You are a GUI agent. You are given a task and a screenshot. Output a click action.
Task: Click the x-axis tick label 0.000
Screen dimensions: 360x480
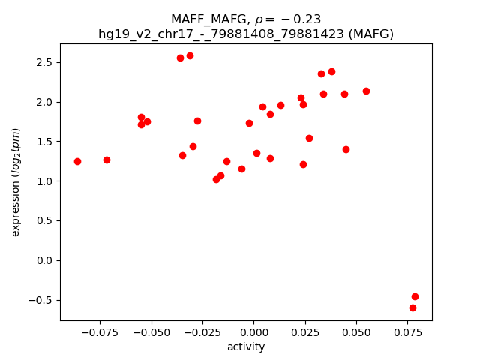[253, 331]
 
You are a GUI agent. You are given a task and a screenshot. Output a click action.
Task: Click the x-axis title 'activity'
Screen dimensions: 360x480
[246, 346]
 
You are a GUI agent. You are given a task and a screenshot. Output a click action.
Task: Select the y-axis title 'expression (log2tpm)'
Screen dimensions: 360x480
[16, 182]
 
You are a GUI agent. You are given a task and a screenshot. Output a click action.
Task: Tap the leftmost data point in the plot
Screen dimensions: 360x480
[77, 161]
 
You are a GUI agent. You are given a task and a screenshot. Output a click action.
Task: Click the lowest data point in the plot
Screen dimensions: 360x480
[412, 307]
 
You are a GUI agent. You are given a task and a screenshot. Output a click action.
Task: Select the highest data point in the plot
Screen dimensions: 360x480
[190, 55]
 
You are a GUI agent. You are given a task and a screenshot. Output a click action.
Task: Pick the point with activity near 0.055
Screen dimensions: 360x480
[366, 91]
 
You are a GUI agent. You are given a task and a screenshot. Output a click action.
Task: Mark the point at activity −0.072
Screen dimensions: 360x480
[106, 160]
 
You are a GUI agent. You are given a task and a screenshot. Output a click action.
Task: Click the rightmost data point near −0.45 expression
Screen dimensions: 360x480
[415, 296]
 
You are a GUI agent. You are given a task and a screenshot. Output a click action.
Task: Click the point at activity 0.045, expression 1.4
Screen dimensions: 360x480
[346, 149]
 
